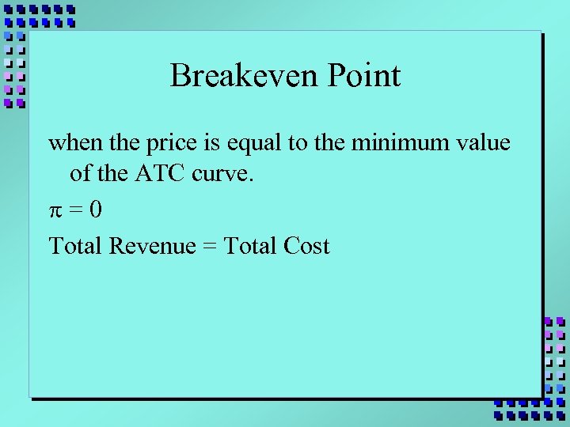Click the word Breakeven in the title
tap(234, 76)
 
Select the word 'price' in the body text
tap(166, 145)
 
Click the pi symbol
tap(55, 211)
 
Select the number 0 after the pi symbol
tap(95, 210)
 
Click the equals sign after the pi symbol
tap(74, 211)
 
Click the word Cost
tap(306, 246)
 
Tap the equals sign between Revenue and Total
tap(209, 247)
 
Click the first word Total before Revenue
tap(75, 246)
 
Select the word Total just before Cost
tap(250, 246)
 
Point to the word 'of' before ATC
tap(80, 173)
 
